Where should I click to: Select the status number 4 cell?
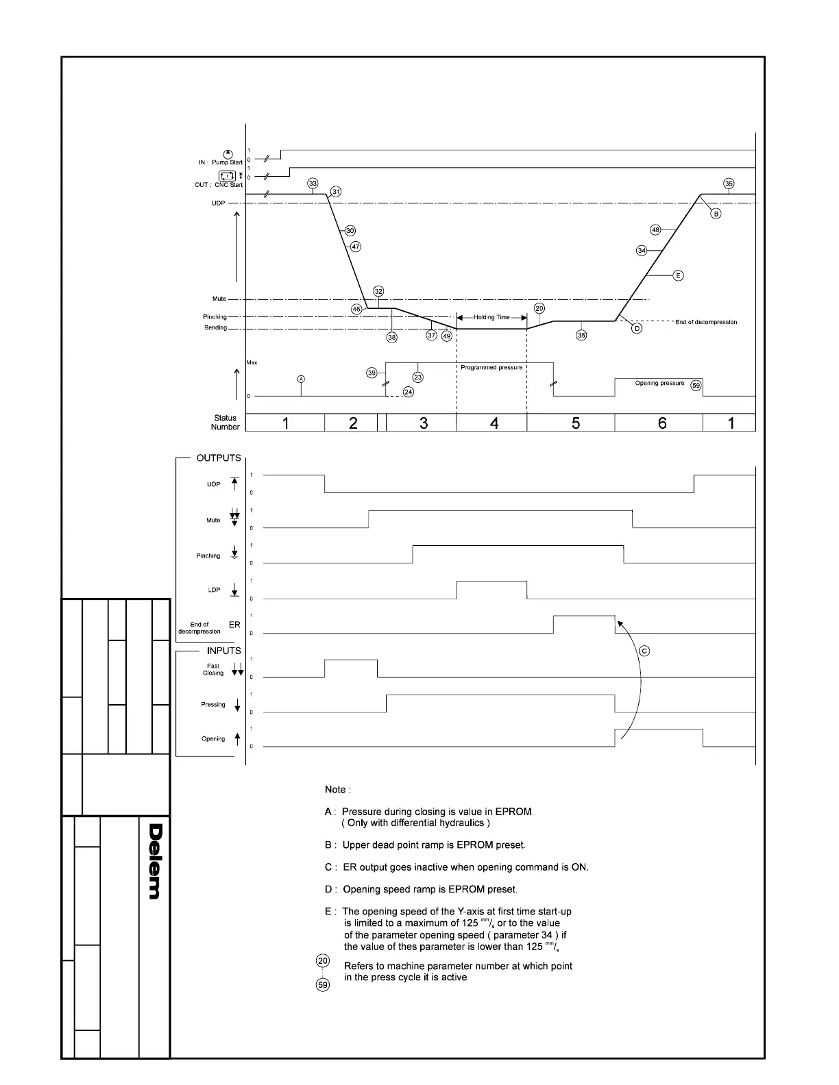[x=494, y=423]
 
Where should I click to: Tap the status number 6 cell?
[x=661, y=423]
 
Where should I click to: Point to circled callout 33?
[x=313, y=184]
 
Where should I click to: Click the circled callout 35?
[x=729, y=184]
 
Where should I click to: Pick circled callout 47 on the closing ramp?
[x=355, y=247]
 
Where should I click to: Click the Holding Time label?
[x=491, y=317]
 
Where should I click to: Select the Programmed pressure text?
[x=491, y=368]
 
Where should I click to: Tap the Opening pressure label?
[x=659, y=383]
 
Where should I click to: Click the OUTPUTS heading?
[x=219, y=458]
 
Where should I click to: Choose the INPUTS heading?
[x=223, y=651]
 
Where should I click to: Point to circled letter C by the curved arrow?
[x=644, y=651]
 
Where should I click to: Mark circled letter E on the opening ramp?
[x=678, y=275]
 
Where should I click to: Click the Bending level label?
[x=215, y=327]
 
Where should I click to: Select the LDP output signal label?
[x=214, y=590]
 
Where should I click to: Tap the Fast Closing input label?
[x=213, y=669]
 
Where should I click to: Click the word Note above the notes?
[x=338, y=790]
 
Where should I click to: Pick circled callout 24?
[x=408, y=392]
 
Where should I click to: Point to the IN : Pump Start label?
[x=220, y=162]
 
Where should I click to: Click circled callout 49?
[x=446, y=336]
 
